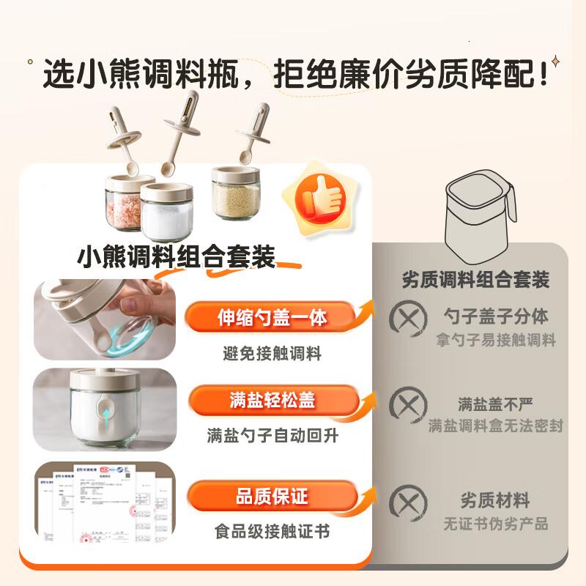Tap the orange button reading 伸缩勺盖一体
click(272, 318)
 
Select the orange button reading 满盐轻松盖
click(272, 401)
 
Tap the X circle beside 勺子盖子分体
click(407, 319)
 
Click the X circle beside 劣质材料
click(407, 502)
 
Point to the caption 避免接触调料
click(272, 354)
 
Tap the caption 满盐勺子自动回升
click(272, 437)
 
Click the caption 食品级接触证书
click(272, 529)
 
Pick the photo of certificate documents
click(105, 505)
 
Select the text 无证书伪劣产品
click(495, 524)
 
